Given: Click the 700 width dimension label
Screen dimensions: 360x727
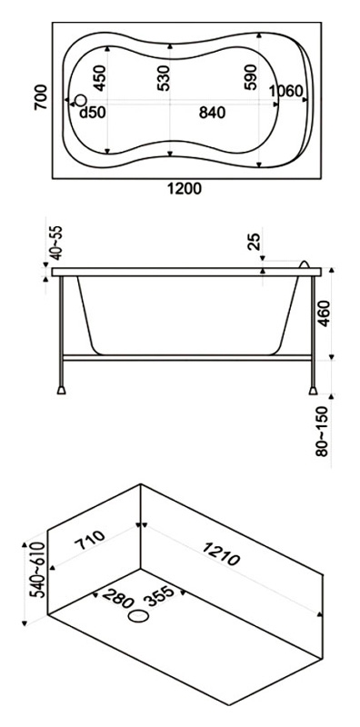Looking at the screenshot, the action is pyautogui.click(x=41, y=97).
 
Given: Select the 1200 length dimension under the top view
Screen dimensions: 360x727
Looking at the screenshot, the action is pyautogui.click(x=185, y=189).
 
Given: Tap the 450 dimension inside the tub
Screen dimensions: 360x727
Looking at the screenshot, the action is pyautogui.click(x=100, y=78).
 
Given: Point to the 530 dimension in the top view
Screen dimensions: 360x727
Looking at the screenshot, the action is pyautogui.click(x=164, y=78).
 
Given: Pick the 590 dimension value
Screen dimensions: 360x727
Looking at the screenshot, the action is pyautogui.click(x=250, y=77).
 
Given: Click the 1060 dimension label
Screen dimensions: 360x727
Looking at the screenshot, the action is pyautogui.click(x=286, y=92).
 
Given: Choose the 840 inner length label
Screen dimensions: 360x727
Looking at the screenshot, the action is pyautogui.click(x=212, y=112).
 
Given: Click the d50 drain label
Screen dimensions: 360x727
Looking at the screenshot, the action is pyautogui.click(x=93, y=112).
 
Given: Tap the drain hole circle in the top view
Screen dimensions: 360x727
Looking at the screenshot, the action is pyautogui.click(x=81, y=100).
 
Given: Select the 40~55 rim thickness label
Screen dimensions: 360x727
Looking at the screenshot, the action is pyautogui.click(x=55, y=243).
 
